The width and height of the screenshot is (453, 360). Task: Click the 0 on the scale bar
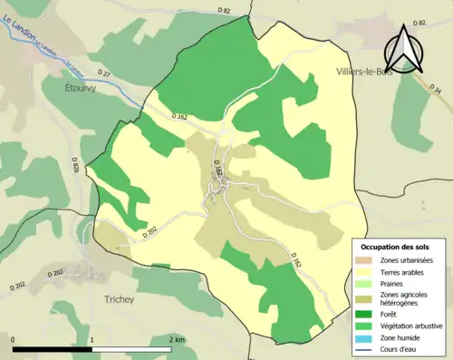[x=14, y=339]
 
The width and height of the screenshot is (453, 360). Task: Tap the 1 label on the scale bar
[x=92, y=339]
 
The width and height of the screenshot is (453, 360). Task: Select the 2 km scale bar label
[x=176, y=339]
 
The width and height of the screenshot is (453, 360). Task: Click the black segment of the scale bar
[x=53, y=349]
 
